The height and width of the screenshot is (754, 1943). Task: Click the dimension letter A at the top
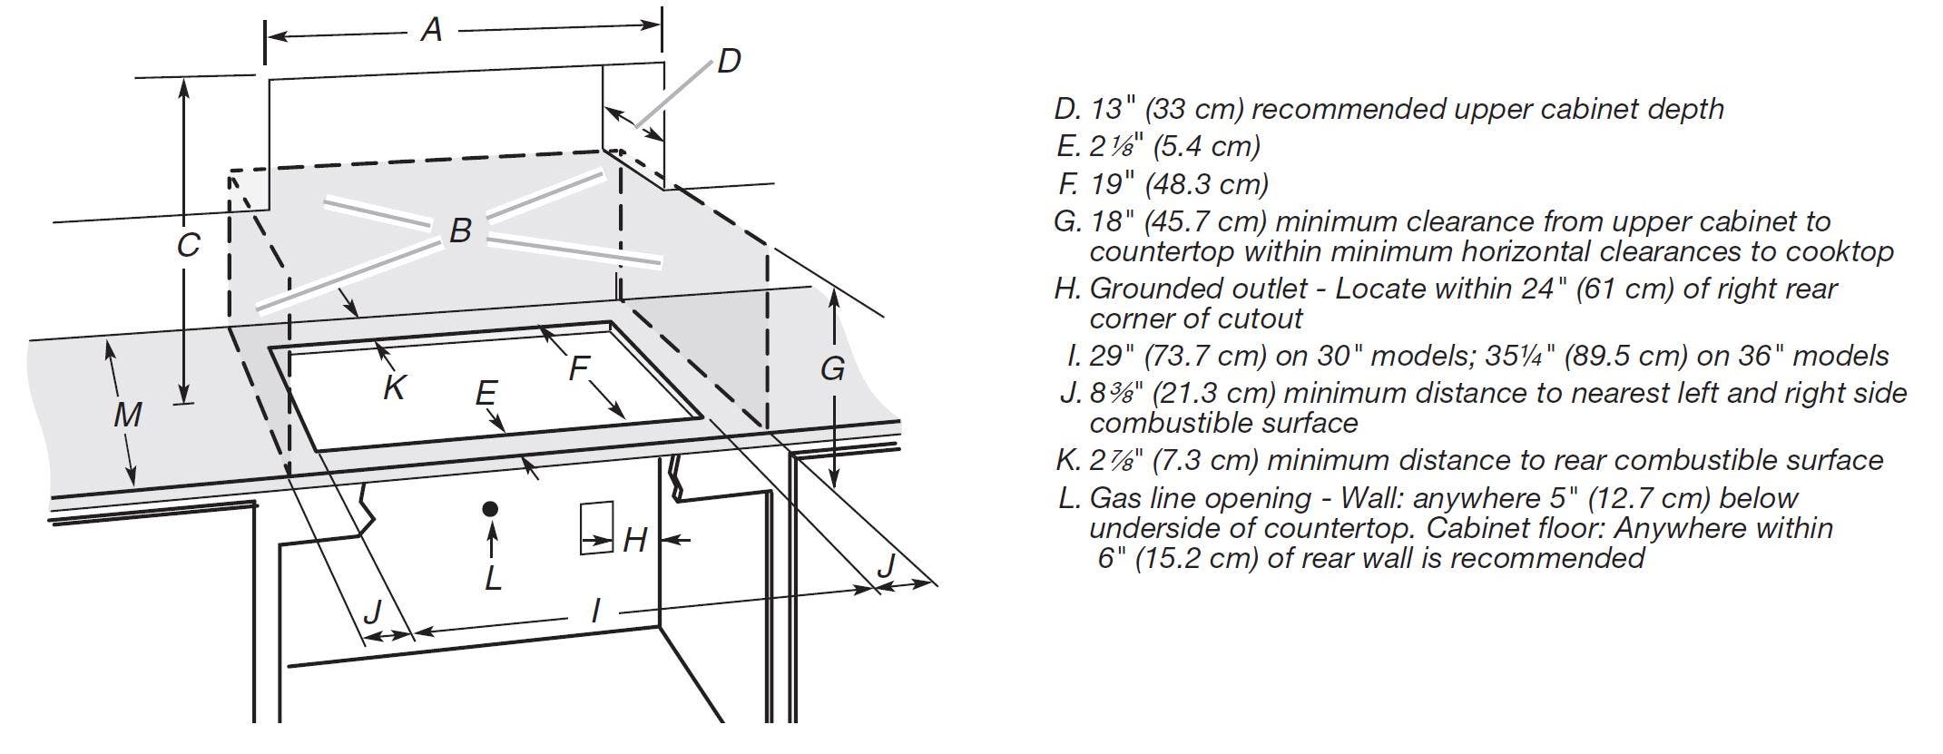tap(432, 31)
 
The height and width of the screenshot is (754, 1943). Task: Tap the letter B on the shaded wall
tap(460, 230)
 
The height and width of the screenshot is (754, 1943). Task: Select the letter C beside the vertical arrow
tap(188, 246)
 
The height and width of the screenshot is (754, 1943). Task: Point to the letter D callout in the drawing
tap(729, 62)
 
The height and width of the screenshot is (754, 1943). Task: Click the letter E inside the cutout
tap(486, 394)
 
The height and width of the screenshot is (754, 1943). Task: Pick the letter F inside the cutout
tap(579, 369)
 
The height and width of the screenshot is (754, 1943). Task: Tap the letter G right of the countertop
tap(832, 369)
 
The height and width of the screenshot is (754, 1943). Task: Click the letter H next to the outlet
tap(634, 541)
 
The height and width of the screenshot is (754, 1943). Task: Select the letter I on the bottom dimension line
tap(595, 611)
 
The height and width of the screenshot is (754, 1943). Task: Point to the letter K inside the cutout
tap(394, 387)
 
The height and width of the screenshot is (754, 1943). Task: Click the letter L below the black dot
tap(493, 577)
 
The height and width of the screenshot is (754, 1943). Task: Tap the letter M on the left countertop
tap(128, 415)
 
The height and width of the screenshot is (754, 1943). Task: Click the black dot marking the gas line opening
tap(491, 509)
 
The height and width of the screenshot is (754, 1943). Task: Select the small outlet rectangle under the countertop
tap(597, 527)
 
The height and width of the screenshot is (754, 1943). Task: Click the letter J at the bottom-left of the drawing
tap(372, 611)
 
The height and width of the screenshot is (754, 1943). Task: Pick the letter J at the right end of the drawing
tap(887, 564)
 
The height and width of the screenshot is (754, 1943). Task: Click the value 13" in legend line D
tap(1113, 109)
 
